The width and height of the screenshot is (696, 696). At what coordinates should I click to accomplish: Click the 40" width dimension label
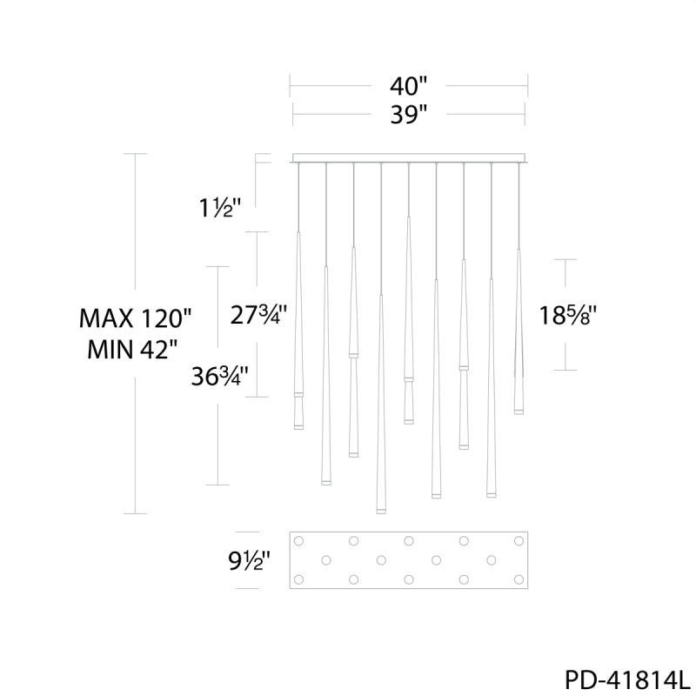408,86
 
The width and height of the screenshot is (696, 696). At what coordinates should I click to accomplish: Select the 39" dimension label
408,115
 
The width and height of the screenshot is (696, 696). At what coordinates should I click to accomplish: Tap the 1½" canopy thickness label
220,207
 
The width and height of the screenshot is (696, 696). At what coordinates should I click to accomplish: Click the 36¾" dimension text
219,377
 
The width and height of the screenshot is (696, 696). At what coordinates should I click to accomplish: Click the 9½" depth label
249,560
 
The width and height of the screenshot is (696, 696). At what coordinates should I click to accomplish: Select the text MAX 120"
135,318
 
